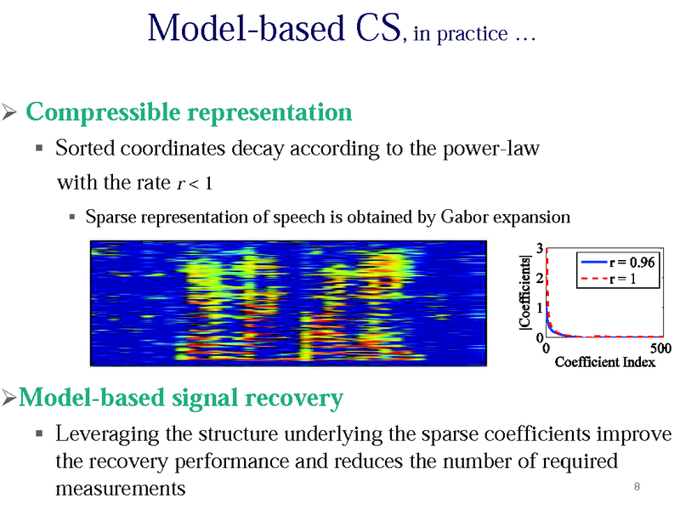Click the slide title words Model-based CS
(274, 29)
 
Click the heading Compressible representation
(189, 112)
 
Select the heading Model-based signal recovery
(180, 398)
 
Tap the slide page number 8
(637, 486)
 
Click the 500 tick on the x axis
(660, 348)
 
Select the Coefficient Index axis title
(604, 363)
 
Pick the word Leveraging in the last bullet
(106, 435)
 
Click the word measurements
(120, 489)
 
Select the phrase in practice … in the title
(473, 37)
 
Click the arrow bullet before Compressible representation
(10, 113)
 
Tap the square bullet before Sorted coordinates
(39, 150)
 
